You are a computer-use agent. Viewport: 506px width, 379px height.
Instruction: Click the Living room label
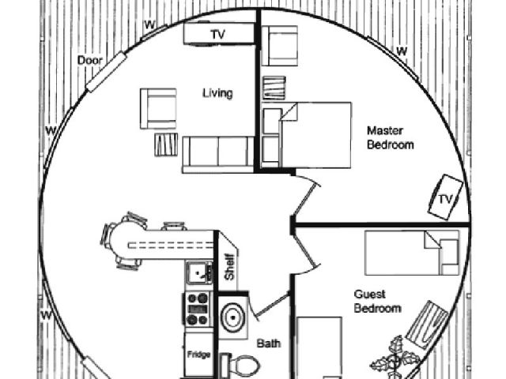pos(217,94)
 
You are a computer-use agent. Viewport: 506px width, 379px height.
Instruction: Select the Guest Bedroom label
pos(376,301)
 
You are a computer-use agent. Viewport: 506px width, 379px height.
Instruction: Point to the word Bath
pos(269,344)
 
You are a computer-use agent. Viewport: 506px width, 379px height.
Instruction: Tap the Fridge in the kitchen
pos(198,355)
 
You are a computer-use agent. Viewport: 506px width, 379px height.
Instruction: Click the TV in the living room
pos(218,34)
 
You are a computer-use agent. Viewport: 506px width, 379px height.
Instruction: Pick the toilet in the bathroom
pos(242,366)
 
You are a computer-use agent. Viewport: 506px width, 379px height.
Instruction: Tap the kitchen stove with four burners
pos(198,308)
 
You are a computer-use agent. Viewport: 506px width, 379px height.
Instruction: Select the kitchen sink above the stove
pos(198,273)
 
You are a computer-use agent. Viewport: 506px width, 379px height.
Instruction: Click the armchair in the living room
pos(158,108)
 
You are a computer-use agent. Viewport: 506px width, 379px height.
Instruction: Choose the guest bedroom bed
pos(412,252)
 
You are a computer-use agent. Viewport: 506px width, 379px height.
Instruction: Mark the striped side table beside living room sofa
pos(165,146)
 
